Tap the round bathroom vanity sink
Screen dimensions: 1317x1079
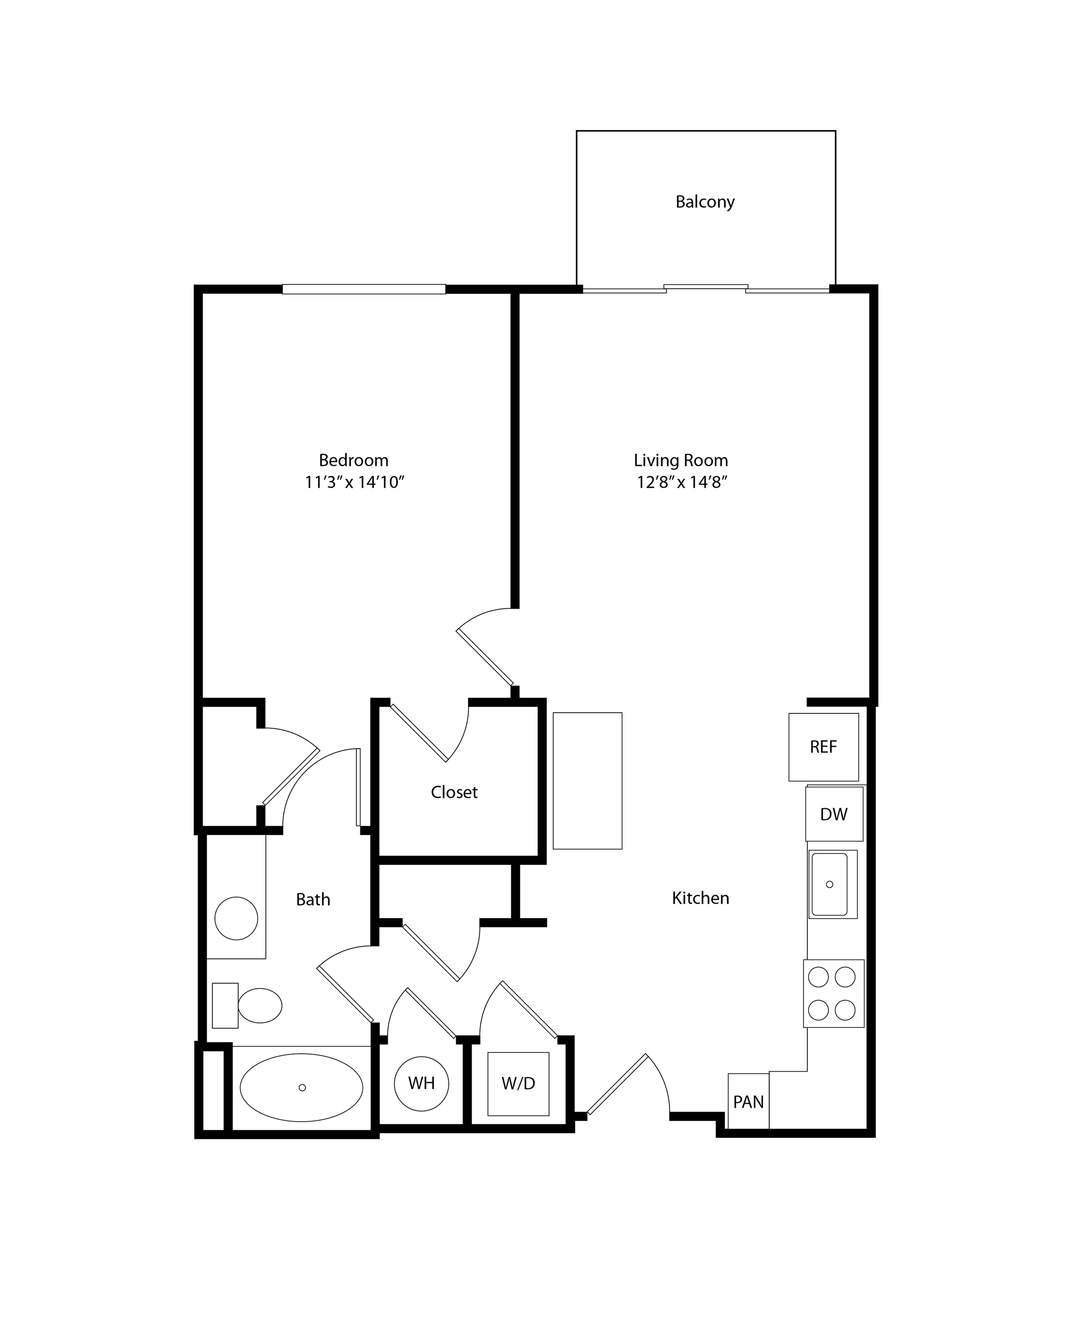pos(236,918)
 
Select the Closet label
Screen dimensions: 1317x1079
pos(454,792)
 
